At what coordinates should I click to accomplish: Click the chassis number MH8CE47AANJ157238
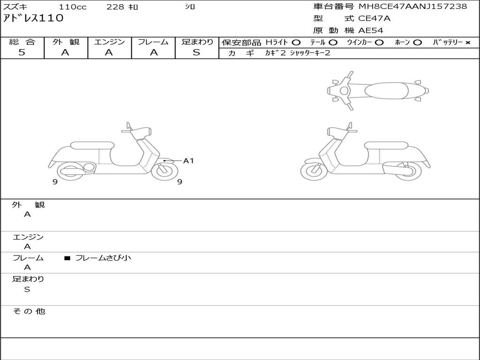point(413,7)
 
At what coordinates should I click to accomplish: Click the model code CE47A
point(374,18)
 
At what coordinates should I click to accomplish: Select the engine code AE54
point(371,30)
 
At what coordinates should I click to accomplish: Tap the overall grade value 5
point(22,52)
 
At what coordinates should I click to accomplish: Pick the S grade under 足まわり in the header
point(196,52)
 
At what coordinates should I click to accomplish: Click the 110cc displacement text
point(73,7)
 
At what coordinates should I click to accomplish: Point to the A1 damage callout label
point(188,161)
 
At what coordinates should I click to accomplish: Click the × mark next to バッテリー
point(468,43)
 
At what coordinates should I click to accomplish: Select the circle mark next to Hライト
point(296,43)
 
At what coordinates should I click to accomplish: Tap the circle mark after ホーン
point(417,43)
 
